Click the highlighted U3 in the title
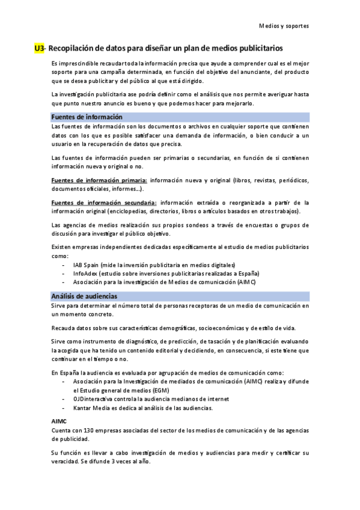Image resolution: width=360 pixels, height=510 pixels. pyautogui.click(x=40, y=48)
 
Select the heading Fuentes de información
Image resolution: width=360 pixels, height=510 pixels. pyautogui.click(x=87, y=117)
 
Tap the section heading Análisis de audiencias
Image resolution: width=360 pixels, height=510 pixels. pyautogui.click(x=84, y=296)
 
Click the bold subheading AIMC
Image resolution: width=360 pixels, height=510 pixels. pyautogui.click(x=59, y=421)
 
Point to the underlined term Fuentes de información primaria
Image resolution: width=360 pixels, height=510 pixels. pyautogui.click(x=99, y=180)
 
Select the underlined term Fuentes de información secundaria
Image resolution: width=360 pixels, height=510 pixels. pyautogui.click(x=104, y=203)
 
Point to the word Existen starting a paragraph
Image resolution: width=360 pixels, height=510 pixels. pyautogui.click(x=64, y=247)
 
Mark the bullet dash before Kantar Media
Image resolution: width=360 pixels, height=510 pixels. pyautogui.click(x=64, y=408)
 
